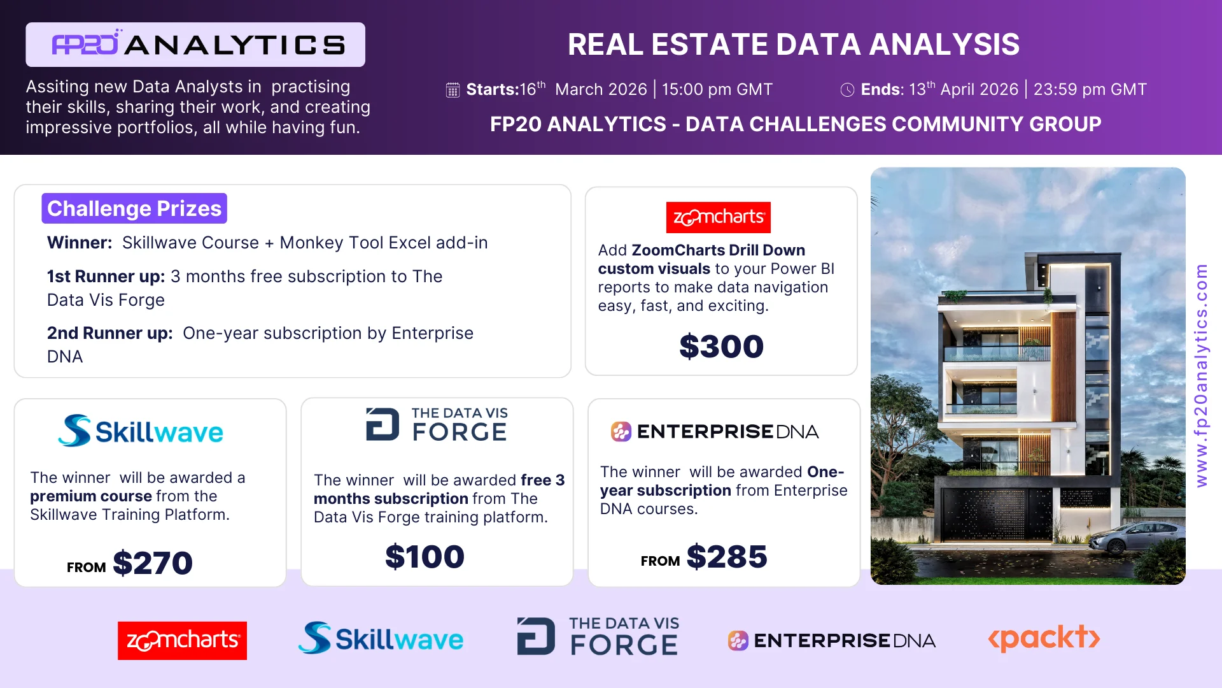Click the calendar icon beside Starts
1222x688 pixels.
pos(453,90)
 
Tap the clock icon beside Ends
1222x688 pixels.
pos(847,90)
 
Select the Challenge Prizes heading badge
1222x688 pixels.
pos(134,208)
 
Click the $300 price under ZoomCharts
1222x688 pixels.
pos(721,347)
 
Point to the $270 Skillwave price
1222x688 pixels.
pos(153,563)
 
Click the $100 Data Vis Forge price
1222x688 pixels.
pos(425,557)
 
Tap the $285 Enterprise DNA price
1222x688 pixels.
pos(727,557)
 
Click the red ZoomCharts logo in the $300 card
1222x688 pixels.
pos(719,217)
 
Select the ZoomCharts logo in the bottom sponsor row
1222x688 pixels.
pos(183,640)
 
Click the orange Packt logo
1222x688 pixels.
pos(1044,638)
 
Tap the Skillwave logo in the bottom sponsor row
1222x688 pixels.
pos(381,638)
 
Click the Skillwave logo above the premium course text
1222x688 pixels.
pos(141,431)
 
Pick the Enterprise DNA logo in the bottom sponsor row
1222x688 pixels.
pos(832,640)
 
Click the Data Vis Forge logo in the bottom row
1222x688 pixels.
pos(598,636)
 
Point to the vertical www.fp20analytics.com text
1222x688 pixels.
pos(1201,376)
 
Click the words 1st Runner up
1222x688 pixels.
pos(106,276)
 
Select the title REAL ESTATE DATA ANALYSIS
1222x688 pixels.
pos(794,45)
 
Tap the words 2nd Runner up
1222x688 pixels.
pos(109,333)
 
